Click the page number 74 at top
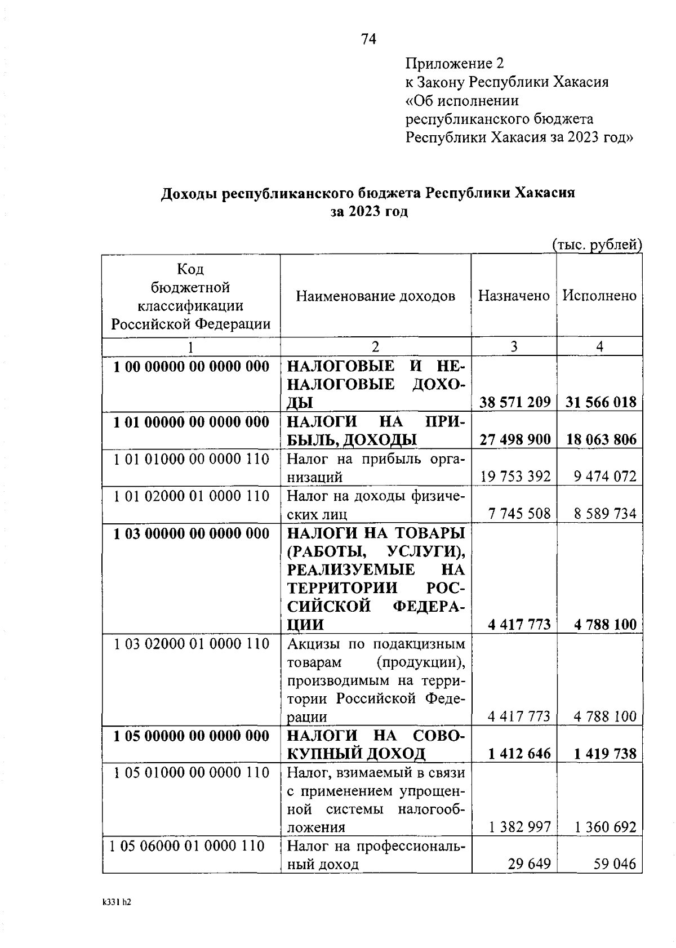[368, 39]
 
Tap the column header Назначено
[514, 296]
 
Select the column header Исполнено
[599, 296]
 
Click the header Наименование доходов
[376, 296]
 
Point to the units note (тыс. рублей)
[597, 244]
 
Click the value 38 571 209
[515, 402]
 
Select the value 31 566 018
[601, 402]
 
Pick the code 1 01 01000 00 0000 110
[192, 459]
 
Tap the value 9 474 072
[605, 477]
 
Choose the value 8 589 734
[605, 514]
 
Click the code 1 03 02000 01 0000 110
[192, 643]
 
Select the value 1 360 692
[605, 827]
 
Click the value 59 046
[615, 864]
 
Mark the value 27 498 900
[515, 439]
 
